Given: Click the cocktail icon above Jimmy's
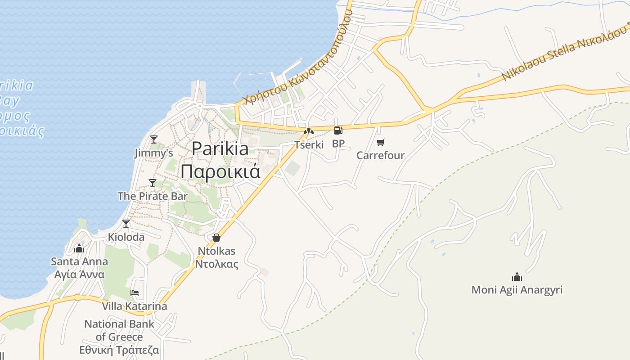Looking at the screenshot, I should pos(154,139).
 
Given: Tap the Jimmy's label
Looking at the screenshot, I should pos(153,153).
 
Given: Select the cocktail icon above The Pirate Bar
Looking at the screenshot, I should pos(153,183).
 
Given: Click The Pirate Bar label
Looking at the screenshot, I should pos(153,196).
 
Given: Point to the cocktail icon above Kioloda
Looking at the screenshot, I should pos(126,223).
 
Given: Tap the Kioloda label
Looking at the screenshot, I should pos(126,237).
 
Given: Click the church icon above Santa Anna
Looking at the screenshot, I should pos(79,248).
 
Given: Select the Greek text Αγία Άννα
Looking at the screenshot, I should pos(79,274).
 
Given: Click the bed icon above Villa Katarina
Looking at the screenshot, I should pos(134,293).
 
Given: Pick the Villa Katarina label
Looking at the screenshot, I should pos(134,306).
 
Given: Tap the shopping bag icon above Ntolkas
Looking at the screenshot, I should pos(216,237).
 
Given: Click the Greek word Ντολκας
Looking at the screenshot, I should pos(216,264).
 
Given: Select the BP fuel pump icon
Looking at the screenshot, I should pos(338,130).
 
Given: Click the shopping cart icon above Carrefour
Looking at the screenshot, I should pos(381,143).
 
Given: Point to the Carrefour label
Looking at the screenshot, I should pos(381,156).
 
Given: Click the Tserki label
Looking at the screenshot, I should pos(309,145).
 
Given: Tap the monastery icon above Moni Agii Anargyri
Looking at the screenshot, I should pos(517,276).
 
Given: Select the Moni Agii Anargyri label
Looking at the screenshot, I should pos(517,290).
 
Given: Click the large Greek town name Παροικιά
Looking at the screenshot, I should pos(220,171).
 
